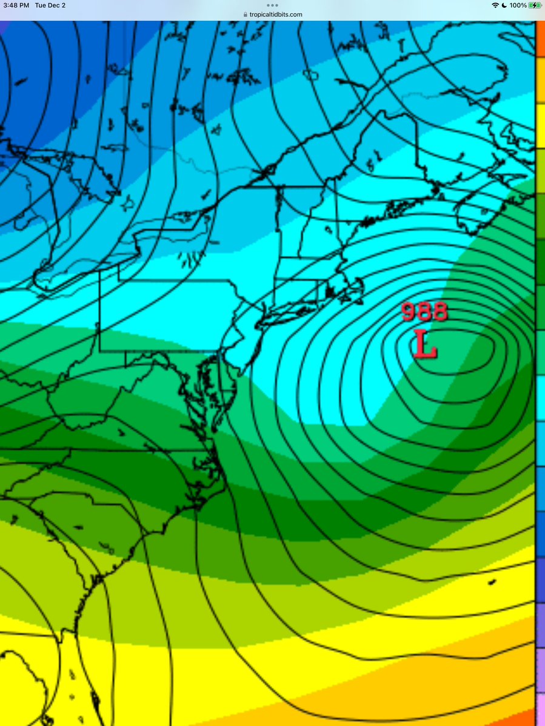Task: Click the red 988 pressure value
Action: (424, 312)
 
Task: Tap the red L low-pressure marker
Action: (426, 345)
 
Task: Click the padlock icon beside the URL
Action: (245, 15)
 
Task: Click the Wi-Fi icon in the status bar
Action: (495, 5)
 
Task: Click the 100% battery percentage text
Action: (518, 5)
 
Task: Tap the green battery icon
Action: (535, 5)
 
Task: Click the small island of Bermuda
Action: (492, 582)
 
